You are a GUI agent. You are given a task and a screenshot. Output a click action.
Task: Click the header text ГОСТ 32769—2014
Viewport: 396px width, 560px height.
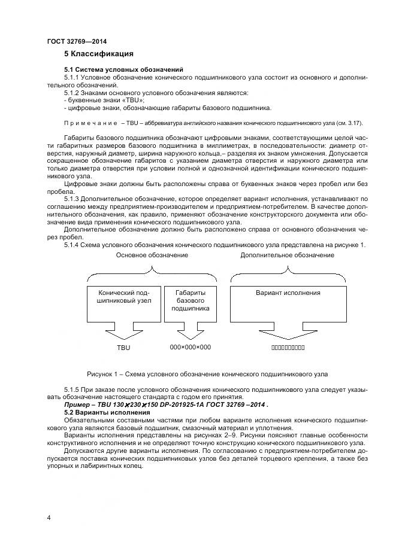(72, 41)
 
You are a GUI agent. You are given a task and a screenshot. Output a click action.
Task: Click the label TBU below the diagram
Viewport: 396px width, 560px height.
(123, 347)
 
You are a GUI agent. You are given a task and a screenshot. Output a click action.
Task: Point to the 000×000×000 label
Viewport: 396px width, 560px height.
(191, 347)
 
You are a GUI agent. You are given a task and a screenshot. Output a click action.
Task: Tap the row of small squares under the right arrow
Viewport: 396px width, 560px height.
(288, 347)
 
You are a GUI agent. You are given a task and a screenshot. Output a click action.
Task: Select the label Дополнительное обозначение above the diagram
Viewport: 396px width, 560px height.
(288, 255)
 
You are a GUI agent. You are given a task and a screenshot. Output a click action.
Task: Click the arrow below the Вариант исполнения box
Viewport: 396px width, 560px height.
(288, 333)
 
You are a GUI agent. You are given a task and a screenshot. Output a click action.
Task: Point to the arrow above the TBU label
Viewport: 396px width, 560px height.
(123, 333)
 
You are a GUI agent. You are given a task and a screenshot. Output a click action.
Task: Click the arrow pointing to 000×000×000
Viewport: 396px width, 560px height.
(191, 333)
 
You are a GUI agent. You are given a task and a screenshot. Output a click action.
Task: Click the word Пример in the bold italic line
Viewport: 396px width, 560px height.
(78, 405)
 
